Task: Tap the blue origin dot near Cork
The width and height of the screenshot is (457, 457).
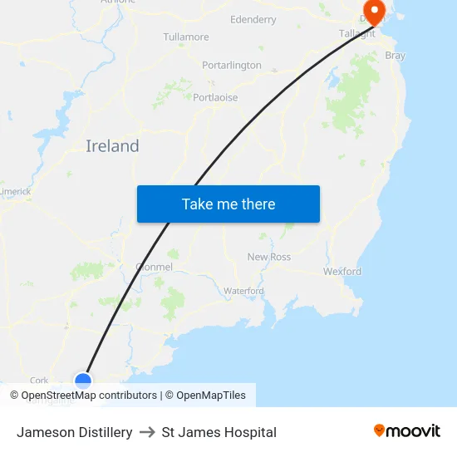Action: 83,381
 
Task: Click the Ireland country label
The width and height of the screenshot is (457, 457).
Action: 112,146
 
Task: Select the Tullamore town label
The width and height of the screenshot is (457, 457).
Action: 186,37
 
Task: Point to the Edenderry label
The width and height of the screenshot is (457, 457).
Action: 253,19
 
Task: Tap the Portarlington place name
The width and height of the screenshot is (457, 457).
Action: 232,65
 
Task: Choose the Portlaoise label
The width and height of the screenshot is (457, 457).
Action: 215,97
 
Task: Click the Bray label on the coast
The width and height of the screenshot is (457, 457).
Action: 396,56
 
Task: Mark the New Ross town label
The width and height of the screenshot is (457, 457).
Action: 269,257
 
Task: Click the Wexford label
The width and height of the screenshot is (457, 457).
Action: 342,271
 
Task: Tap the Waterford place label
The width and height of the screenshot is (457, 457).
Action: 243,291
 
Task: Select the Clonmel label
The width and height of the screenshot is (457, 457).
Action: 154,267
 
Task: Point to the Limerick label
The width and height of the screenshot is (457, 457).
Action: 15,191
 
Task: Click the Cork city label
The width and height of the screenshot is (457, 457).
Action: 39,381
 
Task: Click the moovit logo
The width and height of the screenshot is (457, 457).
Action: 406,431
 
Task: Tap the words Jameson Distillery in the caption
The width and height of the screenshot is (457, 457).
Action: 75,432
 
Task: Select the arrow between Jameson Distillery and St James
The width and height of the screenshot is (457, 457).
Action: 147,432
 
